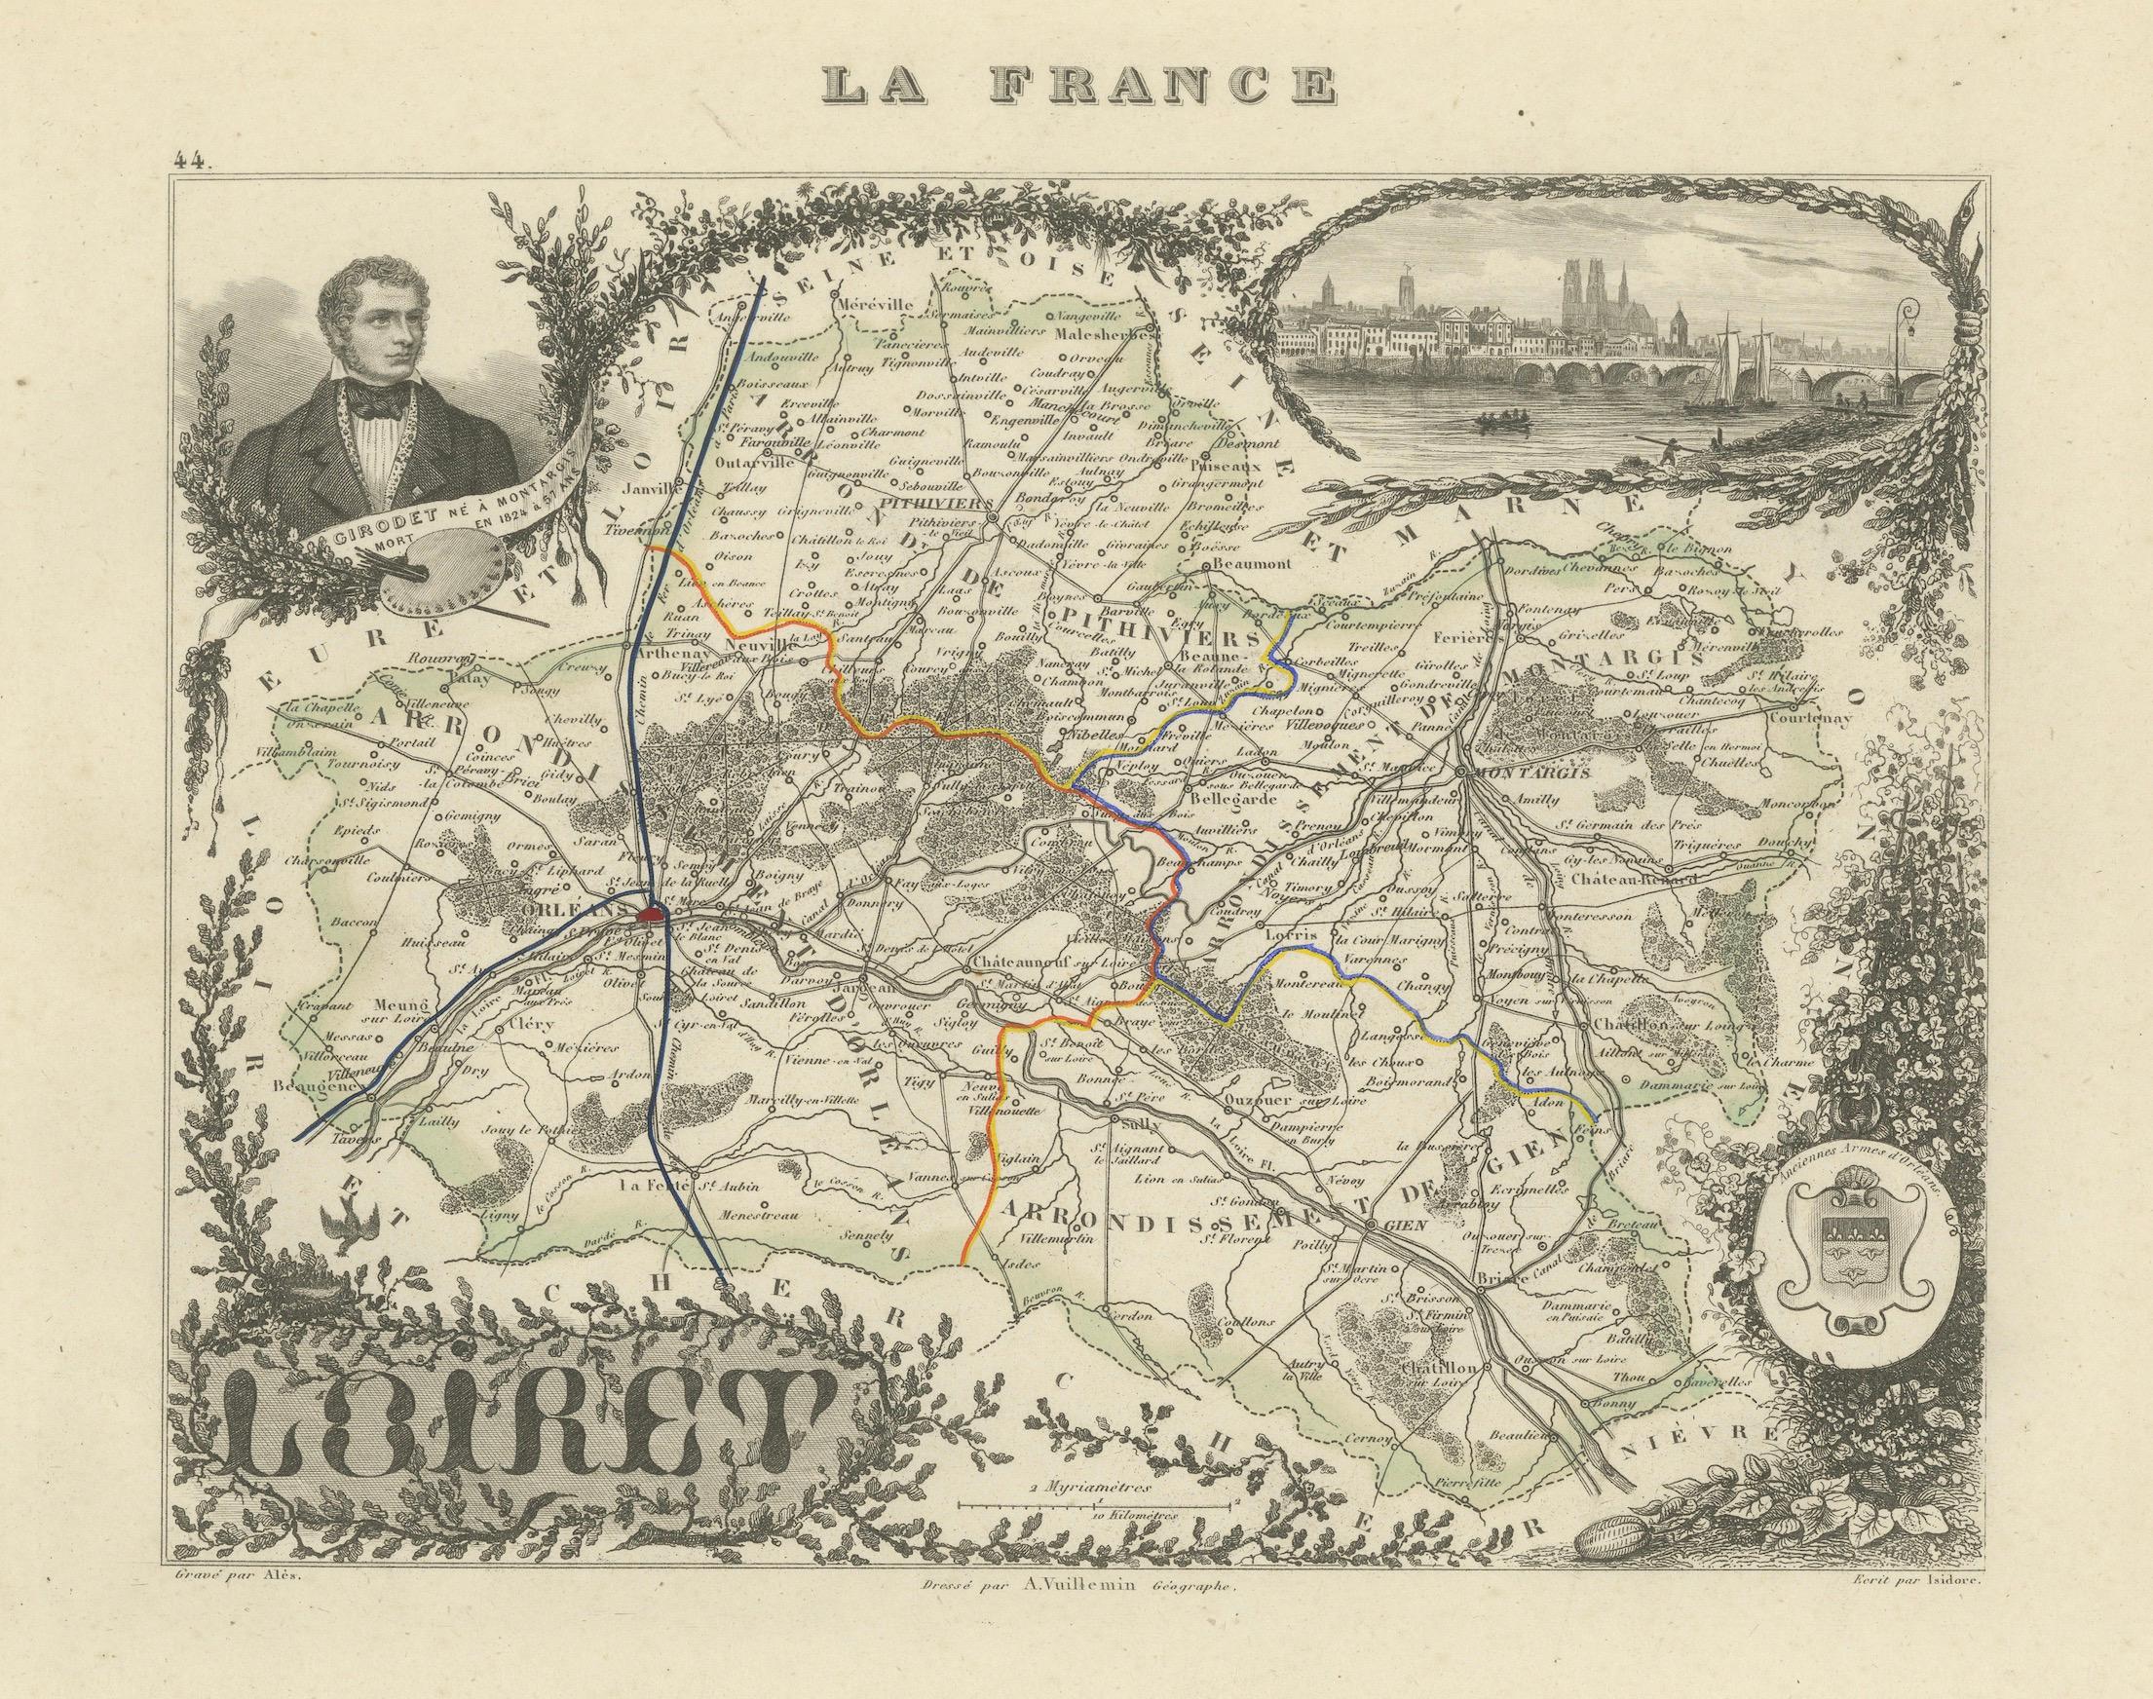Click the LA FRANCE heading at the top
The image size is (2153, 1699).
tap(1077, 88)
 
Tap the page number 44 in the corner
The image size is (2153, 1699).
tap(189, 158)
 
